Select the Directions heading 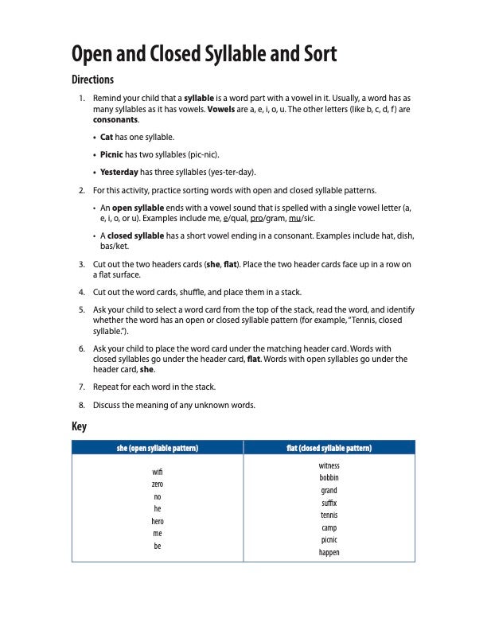[x=93, y=80]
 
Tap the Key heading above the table [x=79, y=426]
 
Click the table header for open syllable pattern [x=158, y=448]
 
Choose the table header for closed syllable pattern [x=329, y=448]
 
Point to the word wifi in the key [x=158, y=472]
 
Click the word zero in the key [x=158, y=484]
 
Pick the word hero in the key [x=158, y=521]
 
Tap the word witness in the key [x=329, y=465]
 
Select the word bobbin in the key [x=329, y=478]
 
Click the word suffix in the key [x=329, y=503]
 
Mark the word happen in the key [x=329, y=552]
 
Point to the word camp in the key [x=329, y=527]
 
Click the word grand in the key [x=329, y=490]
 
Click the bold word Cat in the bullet [x=107, y=137]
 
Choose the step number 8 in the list [x=82, y=405]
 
